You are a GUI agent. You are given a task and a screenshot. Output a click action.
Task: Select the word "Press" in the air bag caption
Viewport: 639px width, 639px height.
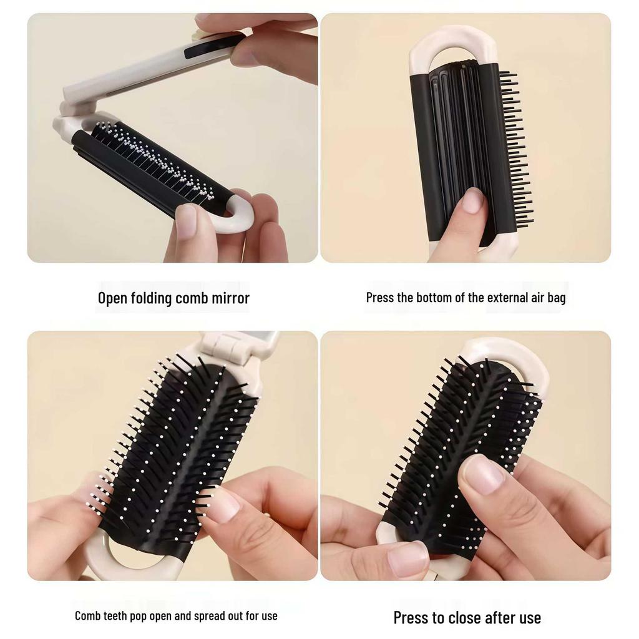tap(380, 298)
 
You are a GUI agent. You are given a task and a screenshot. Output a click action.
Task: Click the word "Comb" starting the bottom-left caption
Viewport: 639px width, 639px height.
tap(87, 616)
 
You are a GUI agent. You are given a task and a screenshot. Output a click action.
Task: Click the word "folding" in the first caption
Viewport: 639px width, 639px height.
tap(152, 298)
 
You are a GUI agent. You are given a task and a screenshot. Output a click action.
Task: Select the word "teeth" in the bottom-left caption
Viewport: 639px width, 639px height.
tap(119, 616)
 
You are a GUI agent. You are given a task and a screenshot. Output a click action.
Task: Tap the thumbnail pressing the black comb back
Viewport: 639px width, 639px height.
tap(473, 200)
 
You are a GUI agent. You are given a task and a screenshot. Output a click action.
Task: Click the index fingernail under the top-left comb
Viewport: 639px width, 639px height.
tap(186, 220)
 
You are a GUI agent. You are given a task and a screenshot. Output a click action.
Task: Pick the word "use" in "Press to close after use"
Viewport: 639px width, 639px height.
tap(530, 618)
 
